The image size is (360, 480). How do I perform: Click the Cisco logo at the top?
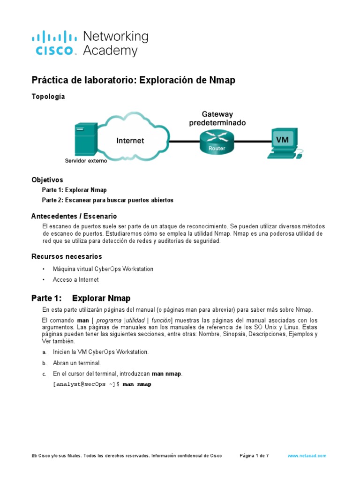point(54,43)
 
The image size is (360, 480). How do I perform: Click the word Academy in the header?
point(110,51)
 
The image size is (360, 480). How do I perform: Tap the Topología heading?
point(48,97)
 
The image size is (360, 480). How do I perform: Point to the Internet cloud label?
point(130,140)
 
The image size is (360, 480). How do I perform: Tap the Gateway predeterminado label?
point(217,118)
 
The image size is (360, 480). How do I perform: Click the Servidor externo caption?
point(86,161)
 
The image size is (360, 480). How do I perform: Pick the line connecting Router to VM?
point(253,140)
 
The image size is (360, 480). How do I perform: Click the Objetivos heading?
point(47,180)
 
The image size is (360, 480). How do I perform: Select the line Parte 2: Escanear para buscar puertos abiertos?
point(107,200)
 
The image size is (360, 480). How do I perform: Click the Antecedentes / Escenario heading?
point(74,216)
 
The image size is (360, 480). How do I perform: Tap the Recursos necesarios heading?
point(67,256)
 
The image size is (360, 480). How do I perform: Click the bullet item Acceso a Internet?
point(76,279)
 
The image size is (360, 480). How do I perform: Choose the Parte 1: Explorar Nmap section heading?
point(81,298)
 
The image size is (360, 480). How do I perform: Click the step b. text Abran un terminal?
point(77,363)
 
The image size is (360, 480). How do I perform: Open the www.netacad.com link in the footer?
point(307,456)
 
